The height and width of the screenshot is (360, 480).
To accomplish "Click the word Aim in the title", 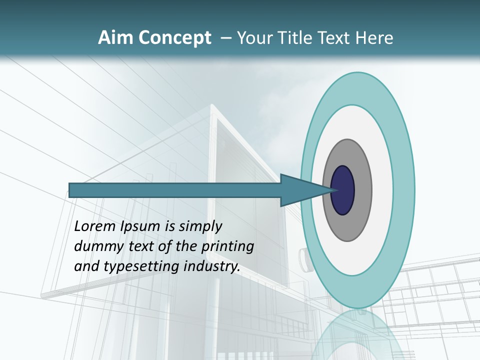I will click(115, 38).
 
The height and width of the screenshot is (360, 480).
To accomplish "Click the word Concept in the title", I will click(174, 38).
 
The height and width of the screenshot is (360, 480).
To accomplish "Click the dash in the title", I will click(225, 38).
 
